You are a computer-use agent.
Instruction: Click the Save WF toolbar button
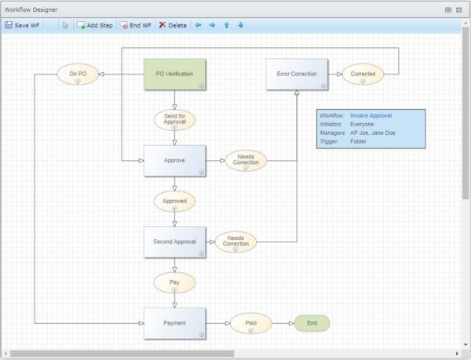click(22, 25)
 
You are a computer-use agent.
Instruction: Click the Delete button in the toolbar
click(173, 25)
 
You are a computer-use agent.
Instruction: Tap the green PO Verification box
click(174, 75)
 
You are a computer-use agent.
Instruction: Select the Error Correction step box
click(297, 75)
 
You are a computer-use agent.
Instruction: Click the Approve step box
click(174, 161)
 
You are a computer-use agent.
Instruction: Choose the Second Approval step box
click(174, 242)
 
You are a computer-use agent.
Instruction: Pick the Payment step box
click(174, 323)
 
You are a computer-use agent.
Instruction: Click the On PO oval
click(78, 75)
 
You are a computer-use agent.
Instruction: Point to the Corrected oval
click(363, 75)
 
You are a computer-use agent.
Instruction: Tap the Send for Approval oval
click(174, 119)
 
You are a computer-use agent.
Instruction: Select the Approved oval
click(174, 201)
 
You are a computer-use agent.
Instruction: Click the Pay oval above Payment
click(174, 282)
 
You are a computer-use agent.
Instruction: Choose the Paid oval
click(250, 323)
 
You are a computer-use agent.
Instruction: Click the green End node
click(312, 323)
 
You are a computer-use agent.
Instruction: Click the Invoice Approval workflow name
click(371, 116)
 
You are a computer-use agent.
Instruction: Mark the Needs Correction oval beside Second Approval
click(235, 242)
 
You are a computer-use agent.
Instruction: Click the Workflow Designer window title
click(35, 9)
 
